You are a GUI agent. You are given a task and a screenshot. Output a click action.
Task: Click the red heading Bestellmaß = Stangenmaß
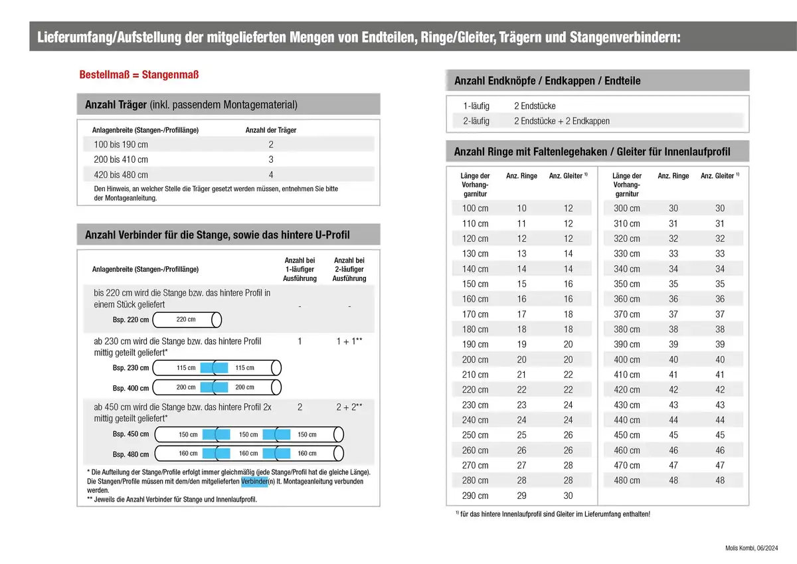tap(139, 74)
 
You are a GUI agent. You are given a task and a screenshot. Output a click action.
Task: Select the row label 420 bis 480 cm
tap(121, 175)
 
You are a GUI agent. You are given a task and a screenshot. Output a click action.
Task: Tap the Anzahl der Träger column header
tap(271, 130)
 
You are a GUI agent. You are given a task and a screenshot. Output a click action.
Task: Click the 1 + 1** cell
tap(349, 341)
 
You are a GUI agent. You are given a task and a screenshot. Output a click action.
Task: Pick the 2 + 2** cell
tap(349, 407)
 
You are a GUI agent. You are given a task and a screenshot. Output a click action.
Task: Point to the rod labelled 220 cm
tap(187, 320)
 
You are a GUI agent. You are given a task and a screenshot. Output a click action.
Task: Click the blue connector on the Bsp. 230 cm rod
tap(214, 368)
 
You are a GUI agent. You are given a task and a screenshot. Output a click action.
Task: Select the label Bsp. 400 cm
tap(131, 388)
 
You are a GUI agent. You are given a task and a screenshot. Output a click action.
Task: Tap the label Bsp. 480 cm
tap(131, 454)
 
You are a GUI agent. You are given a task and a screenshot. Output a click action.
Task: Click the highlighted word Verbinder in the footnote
tap(254, 481)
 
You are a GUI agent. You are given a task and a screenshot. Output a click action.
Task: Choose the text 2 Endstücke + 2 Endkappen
tap(561, 121)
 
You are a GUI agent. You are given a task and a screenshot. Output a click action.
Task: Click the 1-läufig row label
tap(476, 106)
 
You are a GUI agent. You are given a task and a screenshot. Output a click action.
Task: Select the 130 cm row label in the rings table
tap(475, 254)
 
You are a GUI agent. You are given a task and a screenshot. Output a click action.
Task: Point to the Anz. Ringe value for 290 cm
tap(521, 496)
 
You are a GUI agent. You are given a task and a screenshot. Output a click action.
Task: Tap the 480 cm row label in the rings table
tap(626, 480)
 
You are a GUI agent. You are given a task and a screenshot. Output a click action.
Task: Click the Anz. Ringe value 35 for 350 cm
tap(673, 284)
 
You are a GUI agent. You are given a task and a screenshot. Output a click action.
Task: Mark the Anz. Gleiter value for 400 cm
tap(720, 359)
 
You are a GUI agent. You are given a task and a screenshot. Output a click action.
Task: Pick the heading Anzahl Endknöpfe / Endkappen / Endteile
tap(547, 81)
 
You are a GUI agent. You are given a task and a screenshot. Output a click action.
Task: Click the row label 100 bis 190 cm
tap(121, 145)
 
